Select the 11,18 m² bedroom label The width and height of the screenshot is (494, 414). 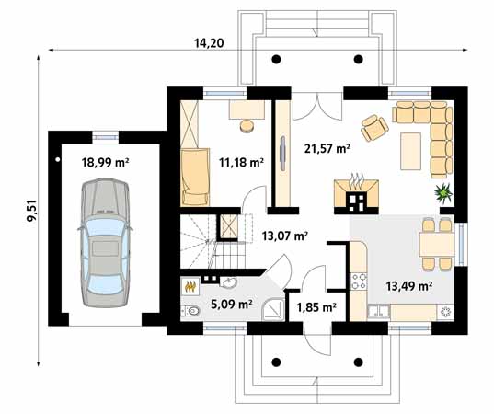coord(241,162)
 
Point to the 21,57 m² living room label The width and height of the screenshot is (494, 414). coord(327,147)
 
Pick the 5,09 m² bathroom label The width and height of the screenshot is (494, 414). coord(232,303)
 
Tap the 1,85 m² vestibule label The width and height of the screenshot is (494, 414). coord(316,307)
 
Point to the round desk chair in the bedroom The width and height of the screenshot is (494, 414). coord(248,122)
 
